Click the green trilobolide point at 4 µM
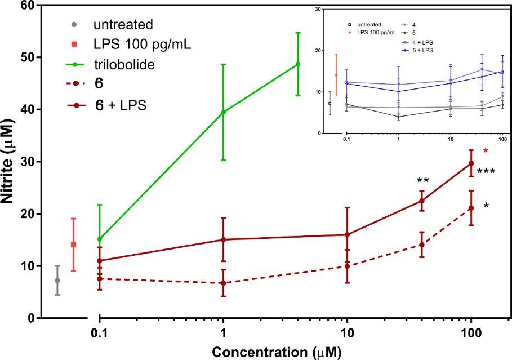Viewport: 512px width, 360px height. (x=298, y=64)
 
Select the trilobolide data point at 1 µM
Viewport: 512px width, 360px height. (x=224, y=112)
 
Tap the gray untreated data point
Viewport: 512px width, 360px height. (x=57, y=280)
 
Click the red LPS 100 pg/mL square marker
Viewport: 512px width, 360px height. (x=73, y=245)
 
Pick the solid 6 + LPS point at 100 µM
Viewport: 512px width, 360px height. (x=471, y=163)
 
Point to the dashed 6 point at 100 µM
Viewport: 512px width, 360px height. (x=471, y=208)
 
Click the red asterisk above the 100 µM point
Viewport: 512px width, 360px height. (x=486, y=151)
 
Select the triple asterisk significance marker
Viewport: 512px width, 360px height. (x=486, y=172)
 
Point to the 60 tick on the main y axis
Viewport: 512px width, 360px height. (x=27, y=6)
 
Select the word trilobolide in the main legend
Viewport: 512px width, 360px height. (x=124, y=64)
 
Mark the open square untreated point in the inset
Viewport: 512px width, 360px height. (x=330, y=103)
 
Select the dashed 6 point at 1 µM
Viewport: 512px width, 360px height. (x=224, y=283)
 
